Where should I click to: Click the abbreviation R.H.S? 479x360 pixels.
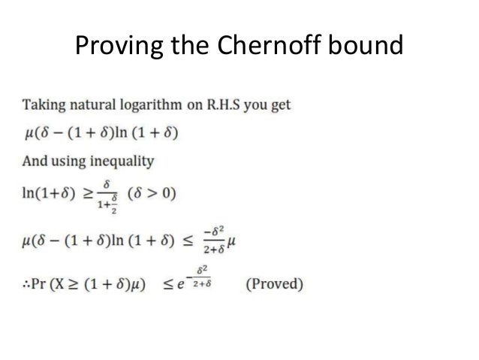226,104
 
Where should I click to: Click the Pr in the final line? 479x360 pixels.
46,286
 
